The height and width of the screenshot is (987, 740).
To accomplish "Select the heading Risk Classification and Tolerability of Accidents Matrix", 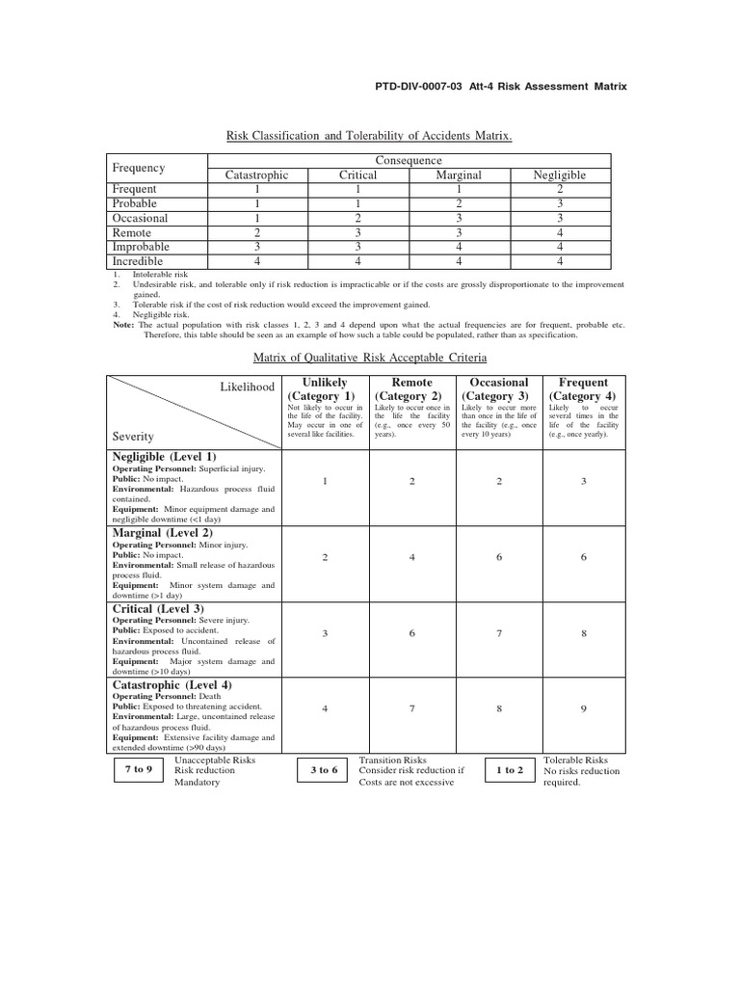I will [x=369, y=137].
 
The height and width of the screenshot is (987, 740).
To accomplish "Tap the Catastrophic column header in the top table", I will [x=256, y=175].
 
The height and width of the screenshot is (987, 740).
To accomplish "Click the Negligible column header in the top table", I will [x=560, y=175].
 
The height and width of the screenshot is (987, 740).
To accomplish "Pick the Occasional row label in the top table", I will [x=140, y=218].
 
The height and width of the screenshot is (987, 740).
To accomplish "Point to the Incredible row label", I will [x=138, y=261].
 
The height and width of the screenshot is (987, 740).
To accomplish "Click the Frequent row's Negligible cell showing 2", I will [x=560, y=190].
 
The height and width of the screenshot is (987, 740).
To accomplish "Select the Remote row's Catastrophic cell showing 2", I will [x=256, y=232].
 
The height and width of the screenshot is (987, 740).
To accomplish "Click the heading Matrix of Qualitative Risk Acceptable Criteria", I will [x=370, y=358].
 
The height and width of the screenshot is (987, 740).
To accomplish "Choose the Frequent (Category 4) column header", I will [x=584, y=389].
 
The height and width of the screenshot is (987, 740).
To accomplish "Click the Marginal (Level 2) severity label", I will [x=164, y=532].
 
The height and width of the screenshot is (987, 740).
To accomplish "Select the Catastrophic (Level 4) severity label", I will [x=172, y=685].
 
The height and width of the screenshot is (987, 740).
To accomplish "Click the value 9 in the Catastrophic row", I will [x=584, y=709].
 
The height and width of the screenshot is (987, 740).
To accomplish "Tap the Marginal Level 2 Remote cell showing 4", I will [x=411, y=557].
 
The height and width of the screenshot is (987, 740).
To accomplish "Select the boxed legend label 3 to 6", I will [x=324, y=770].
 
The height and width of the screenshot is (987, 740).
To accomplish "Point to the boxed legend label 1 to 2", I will [x=510, y=770].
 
